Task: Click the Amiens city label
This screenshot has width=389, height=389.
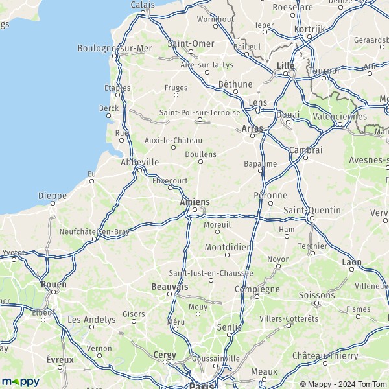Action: [x=194, y=202]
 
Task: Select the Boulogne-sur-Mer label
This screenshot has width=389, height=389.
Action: [x=114, y=48]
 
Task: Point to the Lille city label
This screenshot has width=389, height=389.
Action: [x=285, y=65]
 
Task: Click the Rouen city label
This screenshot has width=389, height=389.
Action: [x=53, y=283]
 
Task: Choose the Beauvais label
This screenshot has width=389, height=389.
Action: [x=169, y=286]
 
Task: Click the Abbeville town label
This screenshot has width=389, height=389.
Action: [x=140, y=162]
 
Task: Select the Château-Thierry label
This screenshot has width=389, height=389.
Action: [x=325, y=356]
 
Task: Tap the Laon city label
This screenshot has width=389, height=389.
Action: [x=351, y=262]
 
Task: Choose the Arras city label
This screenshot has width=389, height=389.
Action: [x=252, y=129]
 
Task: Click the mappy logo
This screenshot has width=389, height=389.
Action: [x=20, y=381]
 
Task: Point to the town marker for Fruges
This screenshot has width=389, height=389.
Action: [x=176, y=95]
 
